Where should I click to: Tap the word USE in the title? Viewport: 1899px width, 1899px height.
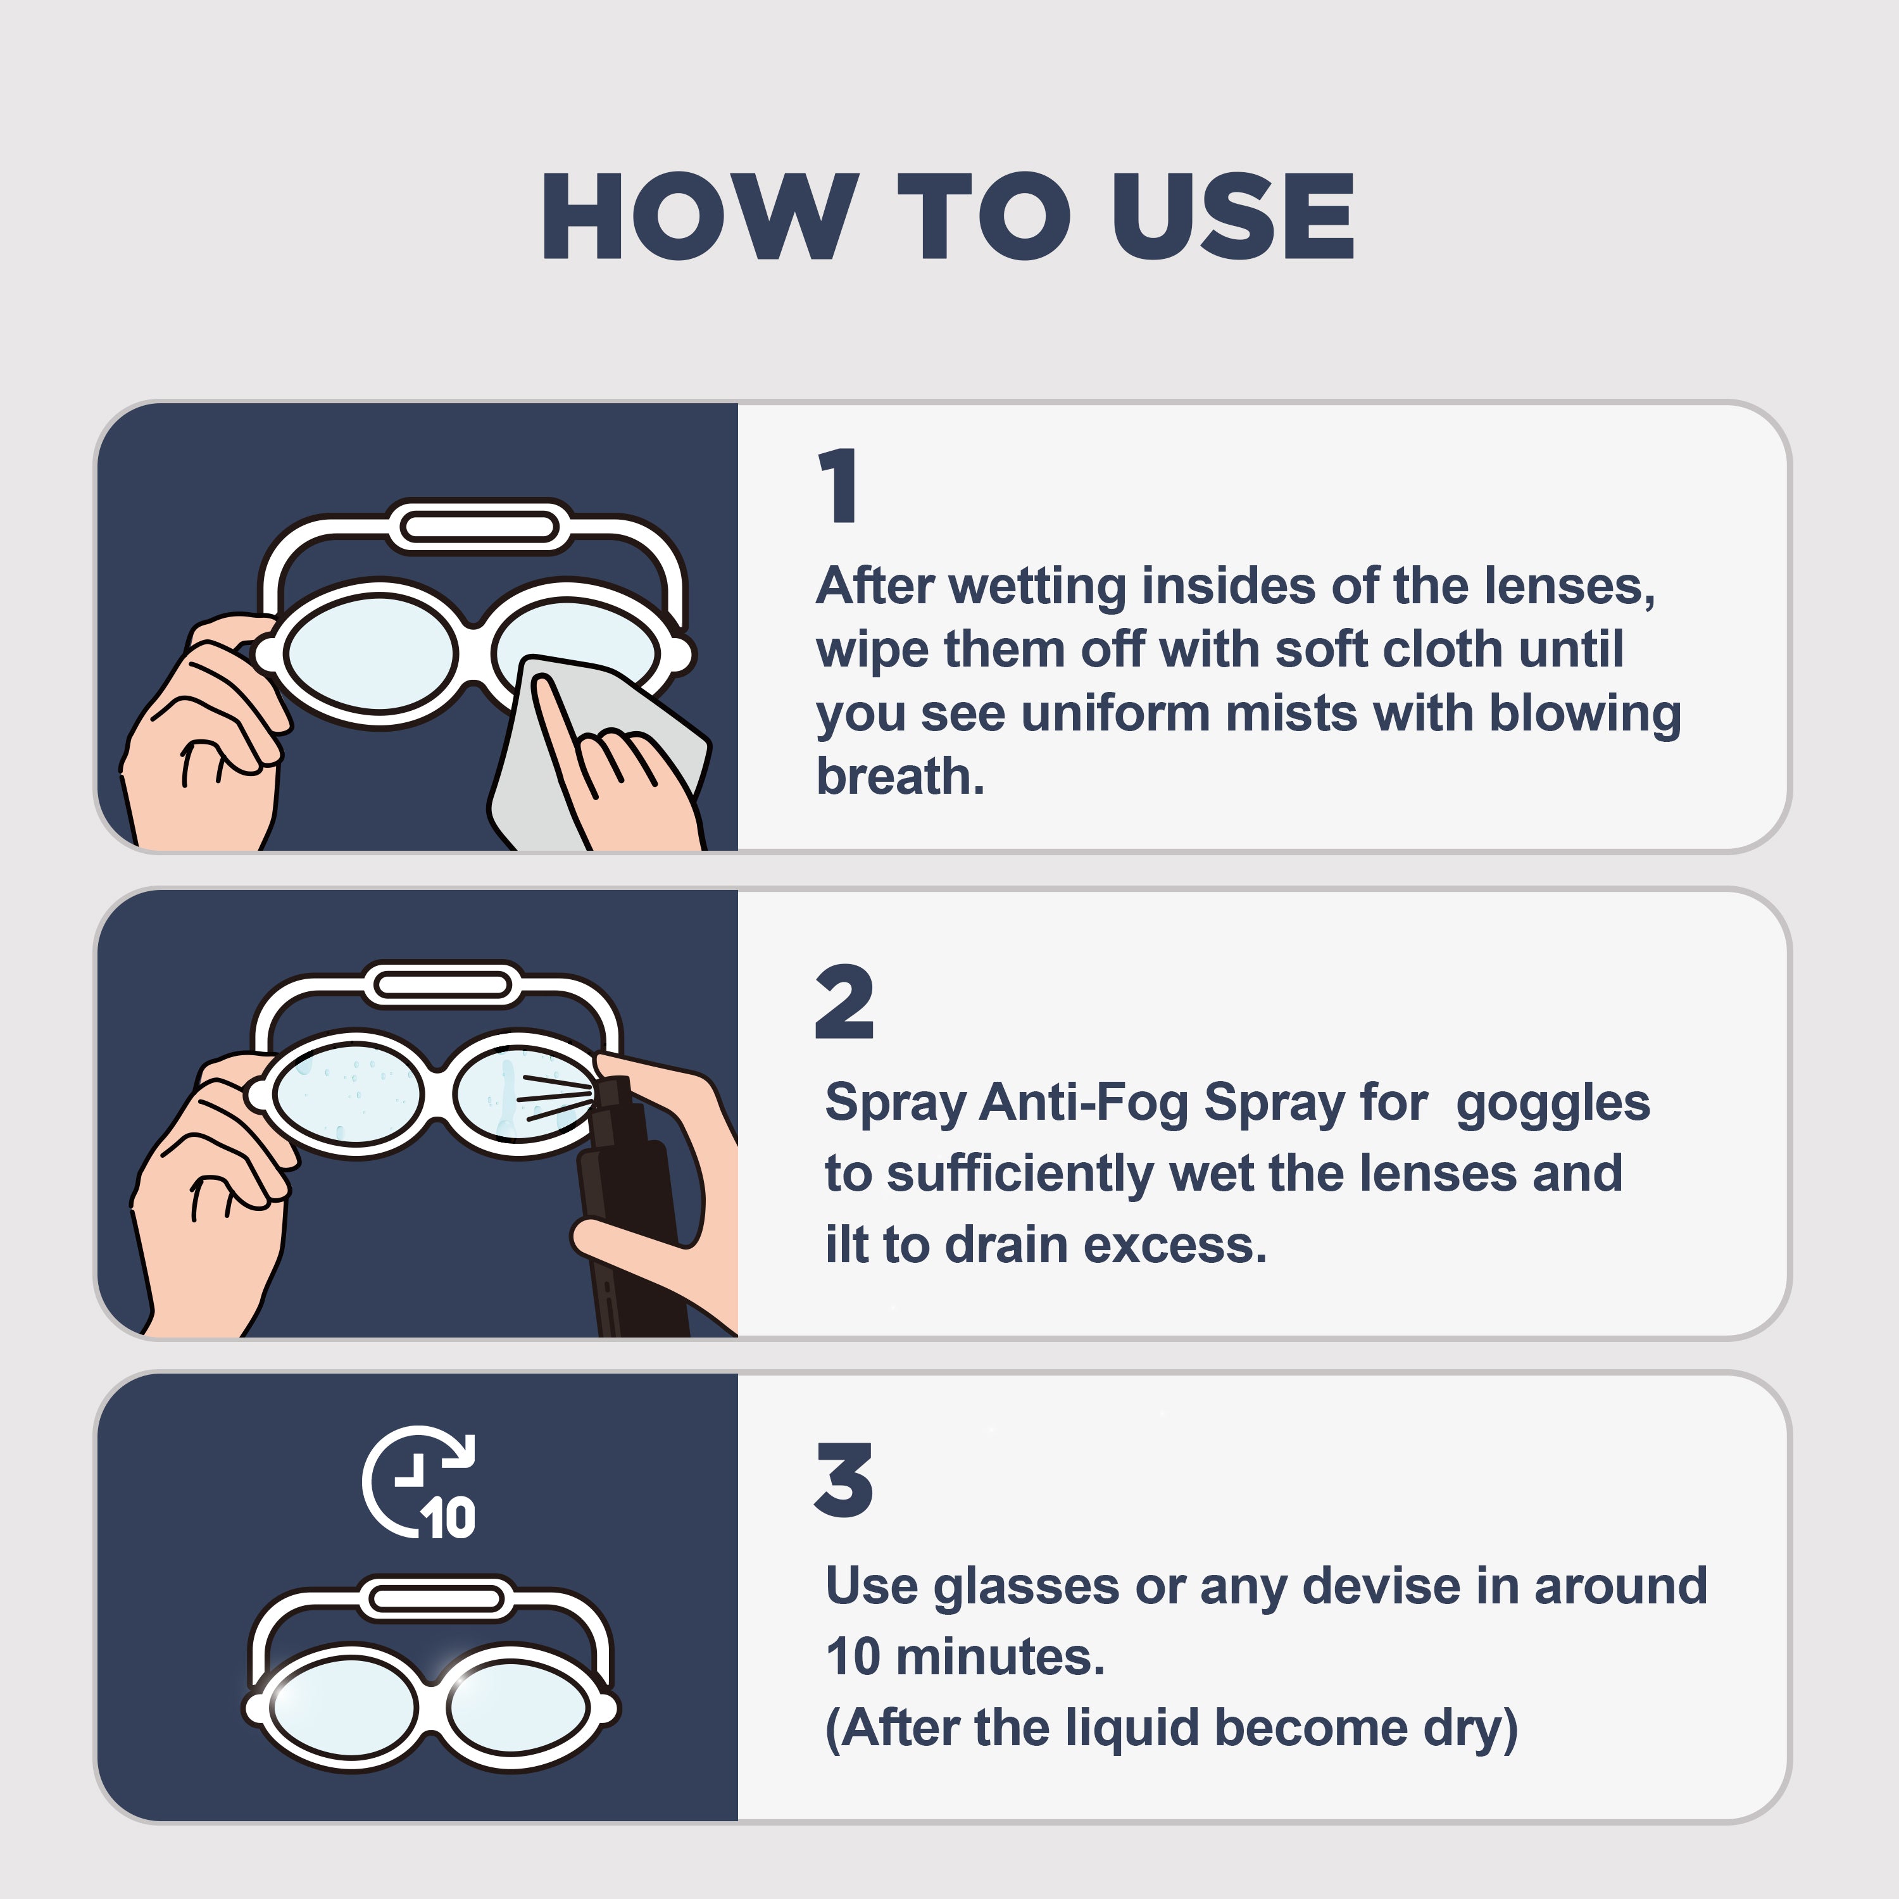point(1234,216)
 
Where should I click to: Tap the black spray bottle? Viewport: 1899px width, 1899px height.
point(629,1209)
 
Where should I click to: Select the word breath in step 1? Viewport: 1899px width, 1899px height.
point(900,777)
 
